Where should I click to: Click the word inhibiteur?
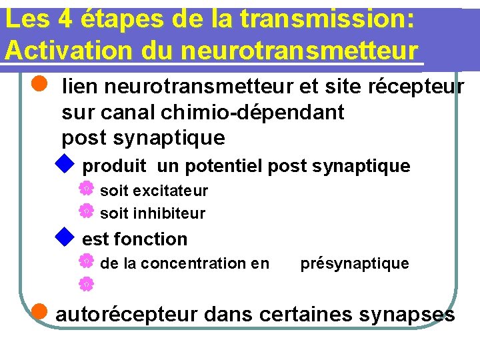point(169,214)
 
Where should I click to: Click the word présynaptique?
point(355,263)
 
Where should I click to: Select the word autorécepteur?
point(127,314)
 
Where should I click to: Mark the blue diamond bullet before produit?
point(64,163)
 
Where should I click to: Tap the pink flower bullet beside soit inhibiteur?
point(86,212)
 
